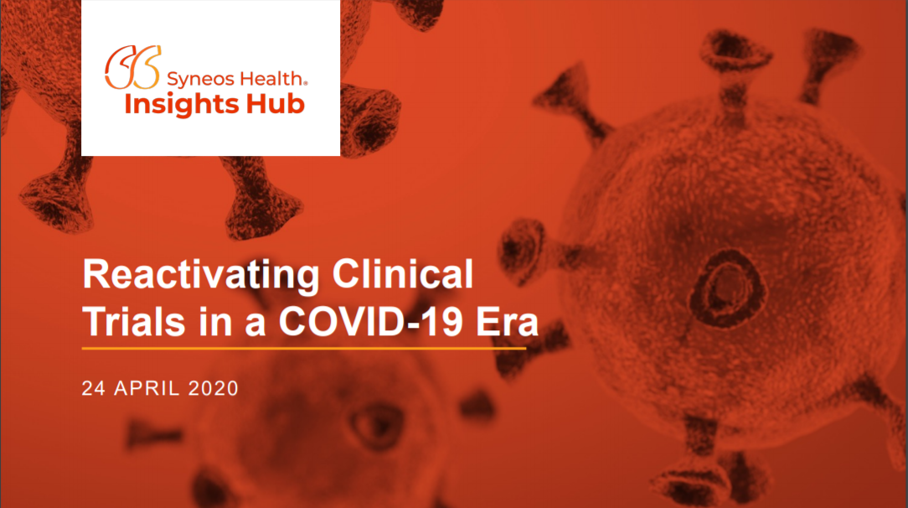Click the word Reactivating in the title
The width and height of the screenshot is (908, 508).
tap(201, 276)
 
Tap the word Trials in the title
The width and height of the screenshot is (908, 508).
tap(134, 321)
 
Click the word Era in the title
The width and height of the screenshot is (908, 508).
tap(507, 322)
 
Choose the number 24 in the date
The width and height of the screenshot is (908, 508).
tap(93, 388)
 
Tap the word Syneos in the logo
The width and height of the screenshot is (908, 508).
tap(200, 79)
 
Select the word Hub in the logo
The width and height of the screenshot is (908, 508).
tap(275, 104)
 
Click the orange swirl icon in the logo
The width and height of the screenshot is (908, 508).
tap(132, 68)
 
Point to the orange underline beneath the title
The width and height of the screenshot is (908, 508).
tap(304, 349)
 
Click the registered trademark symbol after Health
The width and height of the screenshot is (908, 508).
tap(305, 84)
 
